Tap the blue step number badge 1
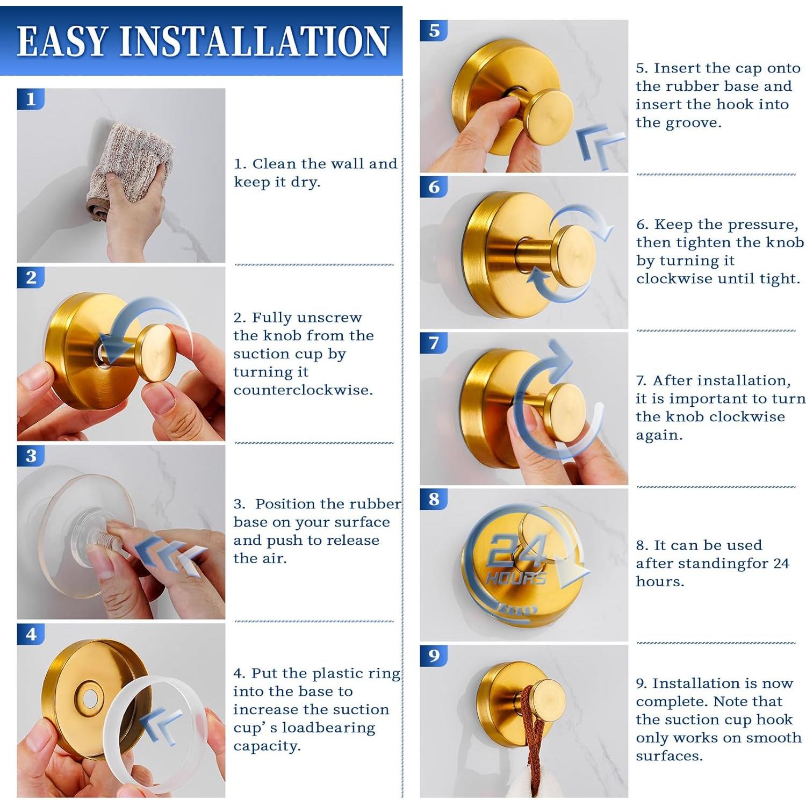coord(31,99)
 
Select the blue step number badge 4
coord(31,635)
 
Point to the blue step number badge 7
coord(434,343)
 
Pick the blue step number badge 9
coord(434,656)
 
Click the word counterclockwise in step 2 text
coord(303,390)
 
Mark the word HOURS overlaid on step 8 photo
coord(516,578)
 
